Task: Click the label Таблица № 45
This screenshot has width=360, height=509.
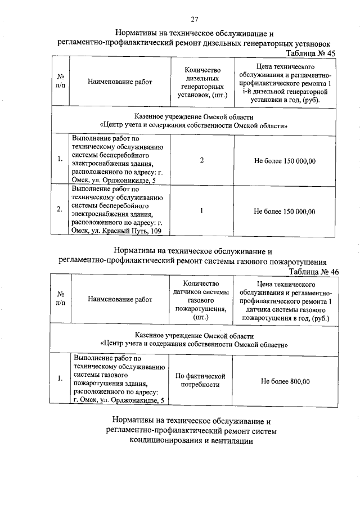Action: (312, 52)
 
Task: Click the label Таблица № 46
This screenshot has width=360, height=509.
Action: (312, 271)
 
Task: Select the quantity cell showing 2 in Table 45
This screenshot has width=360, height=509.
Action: (201, 161)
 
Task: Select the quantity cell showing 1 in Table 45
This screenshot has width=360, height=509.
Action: (201, 211)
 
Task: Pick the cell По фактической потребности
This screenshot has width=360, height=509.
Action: (201, 380)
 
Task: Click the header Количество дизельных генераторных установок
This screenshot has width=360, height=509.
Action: (201, 82)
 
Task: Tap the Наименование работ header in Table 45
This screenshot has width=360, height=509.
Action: (120, 82)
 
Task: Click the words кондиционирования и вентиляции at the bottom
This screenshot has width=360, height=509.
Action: (191, 441)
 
